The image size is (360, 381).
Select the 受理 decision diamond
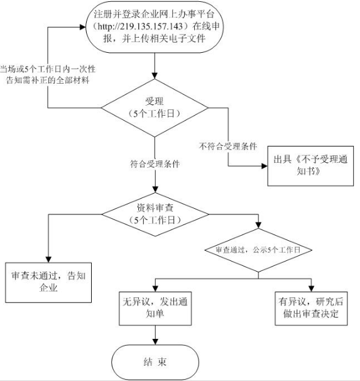pos(155,108)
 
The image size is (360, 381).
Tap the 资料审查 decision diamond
pos(155,214)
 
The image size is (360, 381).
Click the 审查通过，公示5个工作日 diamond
pos(258,250)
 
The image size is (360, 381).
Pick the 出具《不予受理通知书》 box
pos(310,166)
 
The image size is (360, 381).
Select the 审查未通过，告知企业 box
pos(48,282)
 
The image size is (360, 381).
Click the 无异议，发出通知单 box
pos(155,308)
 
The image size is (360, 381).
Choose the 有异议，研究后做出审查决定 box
pos(311,308)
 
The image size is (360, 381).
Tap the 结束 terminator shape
pos(155,362)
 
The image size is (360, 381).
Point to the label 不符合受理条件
pos(228,146)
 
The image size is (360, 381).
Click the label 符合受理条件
pos(155,164)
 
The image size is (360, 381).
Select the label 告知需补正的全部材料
pos(48,80)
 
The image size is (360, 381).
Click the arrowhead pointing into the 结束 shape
pos(155,341)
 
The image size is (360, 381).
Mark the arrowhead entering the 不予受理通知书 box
pos(265,166)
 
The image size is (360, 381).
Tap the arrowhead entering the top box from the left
pos(83,27)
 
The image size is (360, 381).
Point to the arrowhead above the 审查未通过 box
pos(48,259)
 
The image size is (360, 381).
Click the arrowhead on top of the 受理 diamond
pos(155,75)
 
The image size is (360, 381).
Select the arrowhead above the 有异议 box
pos(311,289)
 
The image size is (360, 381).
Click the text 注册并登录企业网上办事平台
pos(154,14)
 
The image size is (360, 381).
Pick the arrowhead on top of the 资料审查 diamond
pos(155,189)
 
